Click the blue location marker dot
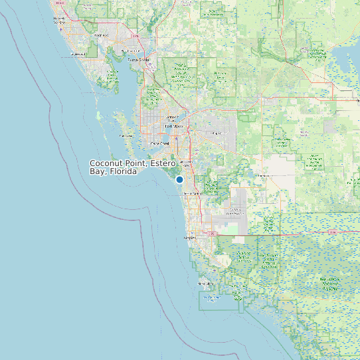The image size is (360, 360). click(x=179, y=179)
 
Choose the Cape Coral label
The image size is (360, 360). click(x=159, y=143)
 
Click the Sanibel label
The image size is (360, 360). click(x=125, y=136)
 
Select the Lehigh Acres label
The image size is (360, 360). click(x=216, y=133)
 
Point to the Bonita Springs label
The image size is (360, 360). click(x=191, y=193)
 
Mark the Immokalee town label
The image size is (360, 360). click(x=266, y=175)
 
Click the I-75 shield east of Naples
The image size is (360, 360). click(x=213, y=234)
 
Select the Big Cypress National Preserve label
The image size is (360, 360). click(x=330, y=283)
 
